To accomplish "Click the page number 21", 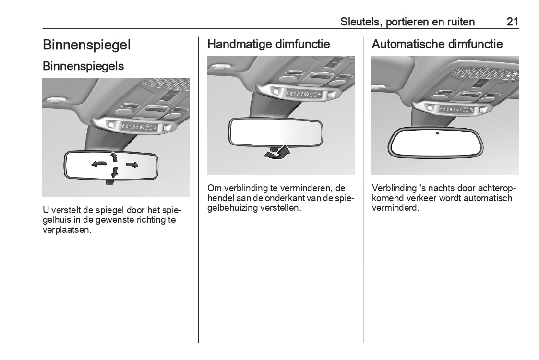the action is click(x=512, y=22).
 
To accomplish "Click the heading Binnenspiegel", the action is click(x=86, y=45).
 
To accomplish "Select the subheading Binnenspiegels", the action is click(x=83, y=66).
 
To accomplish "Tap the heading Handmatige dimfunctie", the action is click(x=268, y=44).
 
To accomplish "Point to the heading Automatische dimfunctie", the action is click(x=437, y=44).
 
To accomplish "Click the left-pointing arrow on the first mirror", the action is click(x=99, y=164).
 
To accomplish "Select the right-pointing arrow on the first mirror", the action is click(x=132, y=165).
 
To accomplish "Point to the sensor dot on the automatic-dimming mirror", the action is click(x=437, y=133).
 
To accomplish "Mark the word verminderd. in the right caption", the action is click(x=395, y=208).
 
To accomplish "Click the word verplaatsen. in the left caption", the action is click(x=67, y=230).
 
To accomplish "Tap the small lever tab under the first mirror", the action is click(x=109, y=181).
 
